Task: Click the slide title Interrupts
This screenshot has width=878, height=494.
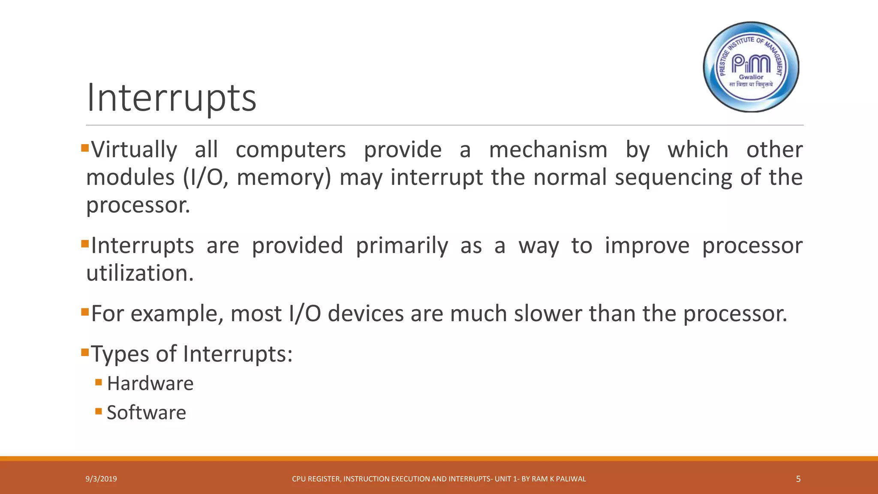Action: click(171, 98)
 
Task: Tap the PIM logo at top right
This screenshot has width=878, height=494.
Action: click(751, 67)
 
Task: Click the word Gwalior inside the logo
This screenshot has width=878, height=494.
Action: click(751, 77)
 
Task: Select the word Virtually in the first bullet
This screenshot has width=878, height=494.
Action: click(134, 150)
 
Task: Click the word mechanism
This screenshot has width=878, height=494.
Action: click(548, 150)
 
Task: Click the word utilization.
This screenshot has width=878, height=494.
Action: click(140, 273)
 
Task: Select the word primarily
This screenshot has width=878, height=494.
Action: click(402, 246)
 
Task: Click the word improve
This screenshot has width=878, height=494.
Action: click(647, 246)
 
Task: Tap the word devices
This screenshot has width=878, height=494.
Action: click(366, 313)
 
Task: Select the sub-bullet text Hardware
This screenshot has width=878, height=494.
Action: click(150, 383)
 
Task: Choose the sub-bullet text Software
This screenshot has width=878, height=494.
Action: click(146, 413)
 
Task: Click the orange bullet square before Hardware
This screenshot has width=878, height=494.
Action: click(99, 382)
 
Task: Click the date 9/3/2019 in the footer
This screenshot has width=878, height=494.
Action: click(101, 479)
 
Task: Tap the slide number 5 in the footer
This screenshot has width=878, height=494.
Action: click(798, 479)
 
